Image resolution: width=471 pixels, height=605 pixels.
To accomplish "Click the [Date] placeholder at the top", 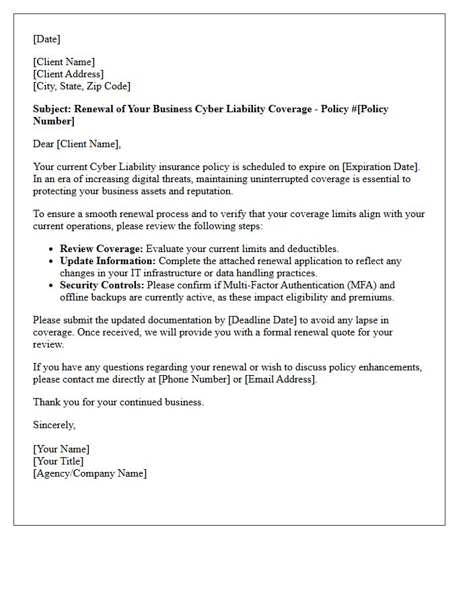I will tap(46, 39).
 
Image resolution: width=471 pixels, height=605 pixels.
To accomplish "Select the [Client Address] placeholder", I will tap(68, 74).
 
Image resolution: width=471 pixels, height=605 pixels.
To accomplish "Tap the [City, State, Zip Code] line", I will tap(81, 86).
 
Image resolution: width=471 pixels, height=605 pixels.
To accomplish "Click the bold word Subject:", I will tap(52, 109).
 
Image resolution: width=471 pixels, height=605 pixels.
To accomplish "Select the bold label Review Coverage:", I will tap(101, 249).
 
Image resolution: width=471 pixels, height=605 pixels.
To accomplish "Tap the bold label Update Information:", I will tap(108, 261).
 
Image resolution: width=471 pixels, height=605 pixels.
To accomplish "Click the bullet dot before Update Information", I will tap(51, 261).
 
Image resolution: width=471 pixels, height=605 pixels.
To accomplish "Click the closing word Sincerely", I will tap(54, 425).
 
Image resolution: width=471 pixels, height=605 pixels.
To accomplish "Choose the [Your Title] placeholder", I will tap(58, 461).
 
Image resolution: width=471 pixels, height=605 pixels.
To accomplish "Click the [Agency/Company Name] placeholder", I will tap(89, 473).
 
